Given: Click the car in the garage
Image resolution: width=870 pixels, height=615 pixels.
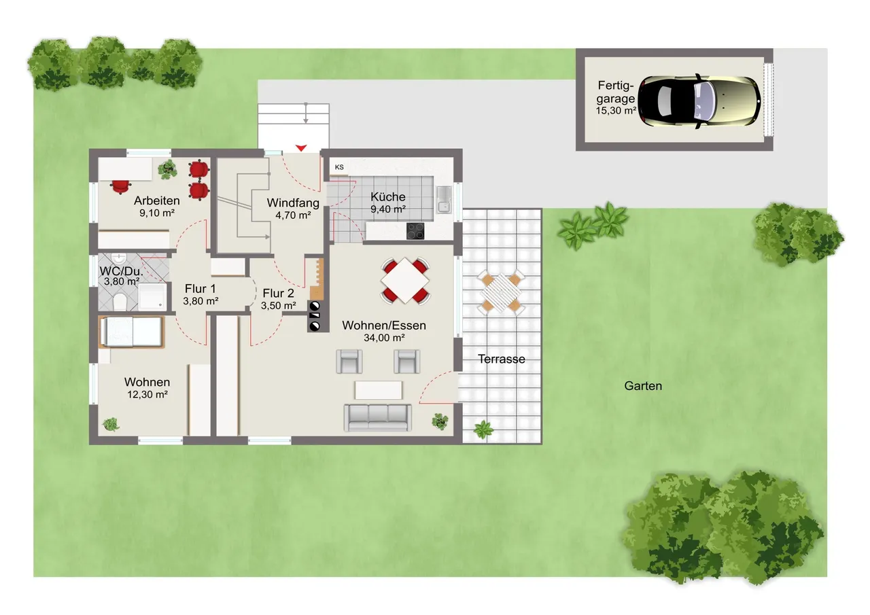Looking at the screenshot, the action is pos(699,101).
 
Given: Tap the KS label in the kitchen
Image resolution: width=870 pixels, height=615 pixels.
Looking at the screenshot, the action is pos(339,167).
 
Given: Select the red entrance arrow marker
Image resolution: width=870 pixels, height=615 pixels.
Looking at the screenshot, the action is pos(301,148).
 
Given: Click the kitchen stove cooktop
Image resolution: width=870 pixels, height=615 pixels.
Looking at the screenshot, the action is pos(415,231).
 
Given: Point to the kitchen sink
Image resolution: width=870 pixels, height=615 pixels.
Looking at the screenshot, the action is pos(444,200).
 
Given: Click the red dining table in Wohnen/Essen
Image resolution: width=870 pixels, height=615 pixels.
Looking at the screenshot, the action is pos(405,281).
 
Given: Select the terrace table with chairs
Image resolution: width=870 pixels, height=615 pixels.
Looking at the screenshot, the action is pos(501,292).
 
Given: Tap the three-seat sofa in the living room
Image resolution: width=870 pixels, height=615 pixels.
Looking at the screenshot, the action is pos(377,418).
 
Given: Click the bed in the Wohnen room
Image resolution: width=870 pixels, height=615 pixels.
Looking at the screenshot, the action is pos(131,332).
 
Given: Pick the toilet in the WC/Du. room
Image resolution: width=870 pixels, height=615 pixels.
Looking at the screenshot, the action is pos(120,302).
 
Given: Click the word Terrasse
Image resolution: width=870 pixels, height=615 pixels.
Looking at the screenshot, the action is pos(502,359).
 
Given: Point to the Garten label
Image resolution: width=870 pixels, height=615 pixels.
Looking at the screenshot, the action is pos(643,386).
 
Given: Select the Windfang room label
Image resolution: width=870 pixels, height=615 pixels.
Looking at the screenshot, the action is pos(293,203).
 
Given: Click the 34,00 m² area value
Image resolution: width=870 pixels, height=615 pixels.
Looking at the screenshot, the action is pos(384,338).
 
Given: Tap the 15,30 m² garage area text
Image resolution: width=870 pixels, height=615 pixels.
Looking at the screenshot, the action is pos(616,111).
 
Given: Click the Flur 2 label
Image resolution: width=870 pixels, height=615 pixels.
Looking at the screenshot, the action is pos(279,293).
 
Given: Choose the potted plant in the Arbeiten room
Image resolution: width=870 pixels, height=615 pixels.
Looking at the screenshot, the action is pos(167,169).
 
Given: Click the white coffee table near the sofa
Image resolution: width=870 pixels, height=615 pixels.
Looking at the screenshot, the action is pos(379,390).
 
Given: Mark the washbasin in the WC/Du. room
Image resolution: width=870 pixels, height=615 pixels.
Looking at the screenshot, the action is pos(118,258).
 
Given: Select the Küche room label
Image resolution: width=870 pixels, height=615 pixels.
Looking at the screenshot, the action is pos(388,196).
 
